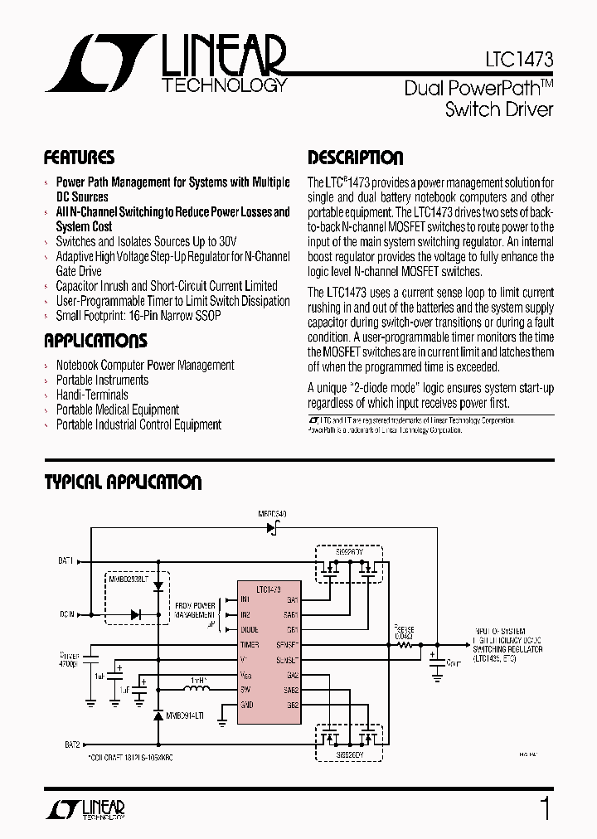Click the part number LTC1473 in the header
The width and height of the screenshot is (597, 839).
519,61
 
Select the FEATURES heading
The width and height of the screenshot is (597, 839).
79,158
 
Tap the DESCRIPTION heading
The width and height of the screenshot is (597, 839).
356,158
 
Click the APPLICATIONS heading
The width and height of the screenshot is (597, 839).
95,341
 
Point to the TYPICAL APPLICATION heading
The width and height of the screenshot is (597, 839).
123,483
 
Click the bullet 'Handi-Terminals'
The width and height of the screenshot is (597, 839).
92,395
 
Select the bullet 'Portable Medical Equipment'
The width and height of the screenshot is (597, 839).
117,410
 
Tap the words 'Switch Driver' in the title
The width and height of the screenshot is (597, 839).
499,109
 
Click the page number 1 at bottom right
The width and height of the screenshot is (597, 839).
545,808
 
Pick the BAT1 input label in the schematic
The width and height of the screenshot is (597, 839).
66,560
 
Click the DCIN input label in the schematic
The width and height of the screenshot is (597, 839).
66,614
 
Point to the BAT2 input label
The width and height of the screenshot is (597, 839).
66,744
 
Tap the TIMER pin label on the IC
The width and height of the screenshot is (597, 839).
250,644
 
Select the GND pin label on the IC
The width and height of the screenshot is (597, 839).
246,704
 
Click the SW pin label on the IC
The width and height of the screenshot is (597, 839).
245,689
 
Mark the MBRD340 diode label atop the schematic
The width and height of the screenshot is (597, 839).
272,515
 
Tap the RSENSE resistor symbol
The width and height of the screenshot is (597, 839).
405,643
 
